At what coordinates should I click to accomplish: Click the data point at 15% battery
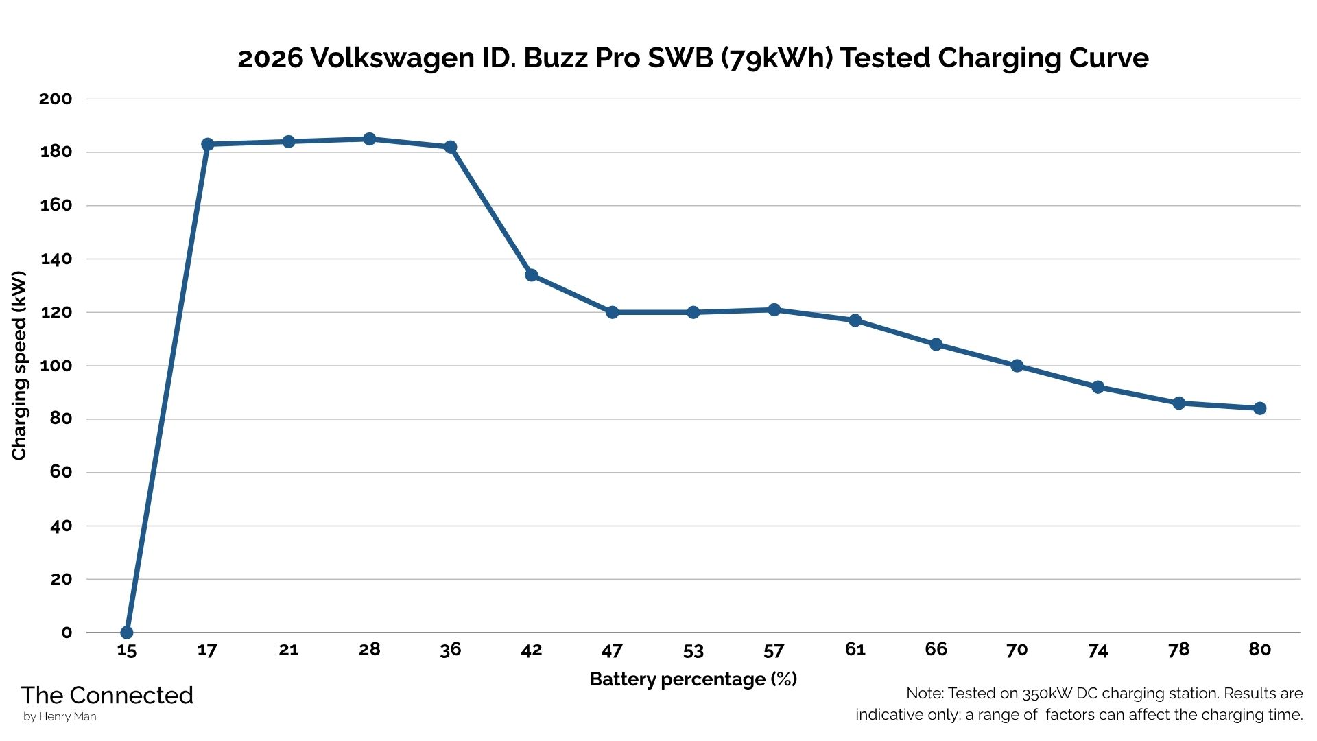click(127, 632)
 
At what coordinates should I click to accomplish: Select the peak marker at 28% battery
click(370, 139)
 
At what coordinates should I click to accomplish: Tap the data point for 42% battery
click(532, 275)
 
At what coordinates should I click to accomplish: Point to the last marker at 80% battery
click(1259, 408)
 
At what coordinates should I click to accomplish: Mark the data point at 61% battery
click(855, 320)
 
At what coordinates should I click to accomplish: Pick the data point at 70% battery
click(1017, 366)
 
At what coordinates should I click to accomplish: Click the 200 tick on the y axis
click(56, 99)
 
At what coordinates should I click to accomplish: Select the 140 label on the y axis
click(56, 259)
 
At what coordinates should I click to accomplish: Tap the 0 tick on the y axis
click(67, 633)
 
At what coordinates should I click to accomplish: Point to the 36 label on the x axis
click(451, 650)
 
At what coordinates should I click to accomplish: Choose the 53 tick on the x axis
click(693, 650)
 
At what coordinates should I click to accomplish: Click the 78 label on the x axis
click(1178, 650)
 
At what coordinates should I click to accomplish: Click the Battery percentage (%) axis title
click(693, 679)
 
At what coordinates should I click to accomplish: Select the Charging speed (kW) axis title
click(19, 366)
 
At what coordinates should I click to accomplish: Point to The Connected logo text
click(107, 695)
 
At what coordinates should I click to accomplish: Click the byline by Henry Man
click(60, 717)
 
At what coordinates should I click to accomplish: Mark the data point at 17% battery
click(208, 144)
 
